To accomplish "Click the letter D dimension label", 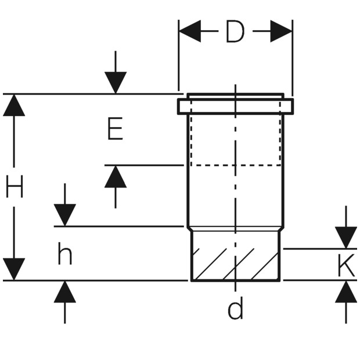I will point(235,33).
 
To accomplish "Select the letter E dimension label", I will point(115,129).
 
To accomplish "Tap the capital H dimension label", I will point(15,188).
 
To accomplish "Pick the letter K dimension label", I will point(346,266).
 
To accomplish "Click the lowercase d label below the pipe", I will point(235,309).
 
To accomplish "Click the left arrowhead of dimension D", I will point(190,31).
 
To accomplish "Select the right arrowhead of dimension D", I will point(281,31).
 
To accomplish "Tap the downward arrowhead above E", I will point(116,82).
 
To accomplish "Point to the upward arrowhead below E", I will point(116,177).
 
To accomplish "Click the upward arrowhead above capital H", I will point(14,105).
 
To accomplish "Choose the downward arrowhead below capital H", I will point(14,269).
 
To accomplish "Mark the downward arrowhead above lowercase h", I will point(64,215).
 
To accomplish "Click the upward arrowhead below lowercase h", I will point(64,291).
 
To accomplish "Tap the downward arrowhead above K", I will point(346,237).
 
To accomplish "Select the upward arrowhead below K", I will point(346,291).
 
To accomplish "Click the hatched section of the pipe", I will point(235,264).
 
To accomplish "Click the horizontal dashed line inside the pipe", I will point(235,165).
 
